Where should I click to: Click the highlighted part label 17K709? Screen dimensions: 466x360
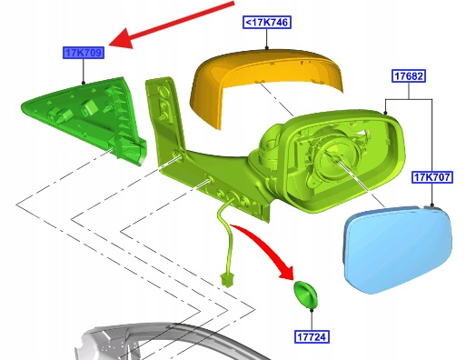coord(84,53)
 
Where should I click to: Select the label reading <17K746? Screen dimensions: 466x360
coord(267,23)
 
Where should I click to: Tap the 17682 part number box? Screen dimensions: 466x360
coord(409,76)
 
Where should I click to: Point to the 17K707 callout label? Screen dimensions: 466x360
coord(432,177)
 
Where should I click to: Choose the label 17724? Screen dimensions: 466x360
coord(312,336)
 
